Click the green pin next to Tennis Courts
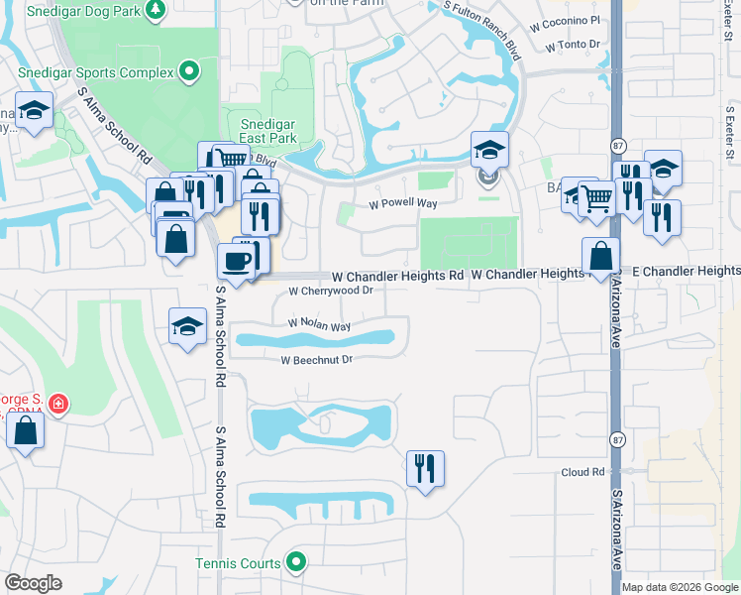coord(295,563)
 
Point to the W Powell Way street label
coord(403,203)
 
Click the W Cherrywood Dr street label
coord(330,292)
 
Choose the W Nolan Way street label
coord(319,324)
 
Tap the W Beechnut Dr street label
coord(317,361)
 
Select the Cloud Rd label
coord(582,473)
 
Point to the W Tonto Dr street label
coord(573,45)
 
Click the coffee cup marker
coord(236,262)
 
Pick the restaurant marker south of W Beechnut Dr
coord(425,467)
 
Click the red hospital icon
coord(58,404)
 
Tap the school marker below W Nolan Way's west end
coord(187,328)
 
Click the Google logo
coord(33,583)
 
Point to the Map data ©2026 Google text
coord(680,587)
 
